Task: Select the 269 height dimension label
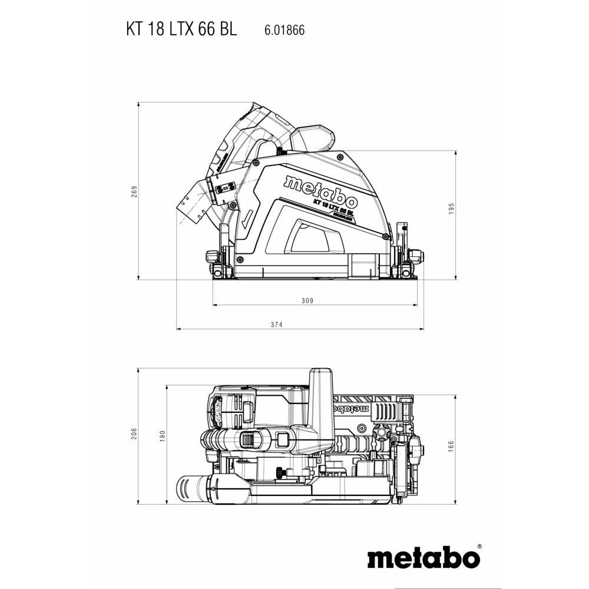pos(134,192)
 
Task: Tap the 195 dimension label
pos(452,209)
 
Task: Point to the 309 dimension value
pos(306,300)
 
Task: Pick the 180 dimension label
pos(162,436)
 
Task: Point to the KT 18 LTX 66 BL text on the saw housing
pos(333,207)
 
